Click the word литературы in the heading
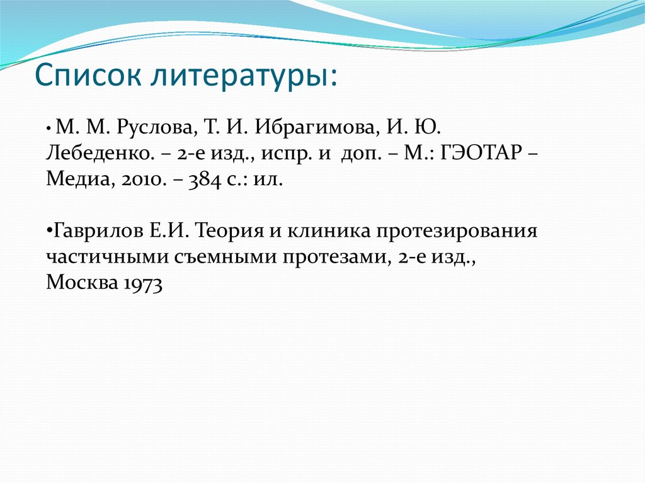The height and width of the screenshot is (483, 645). tap(243, 76)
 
